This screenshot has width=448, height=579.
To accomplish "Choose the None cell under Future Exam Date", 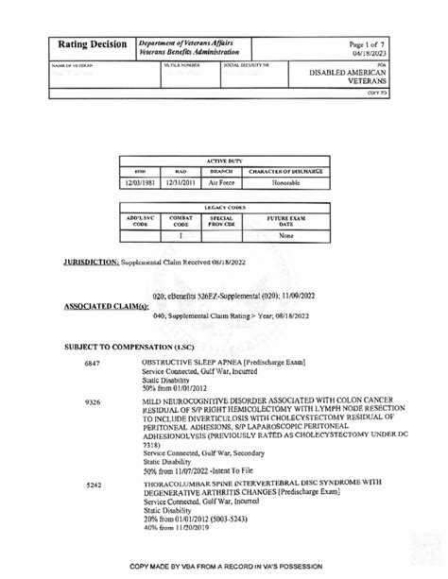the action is (287, 237).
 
